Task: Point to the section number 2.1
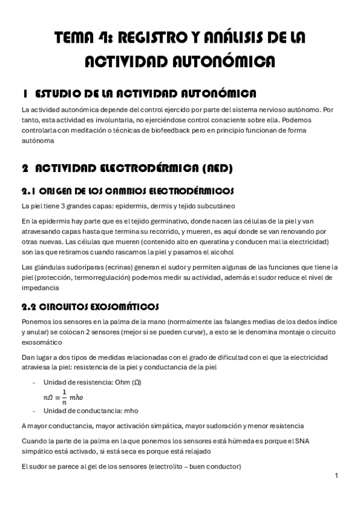pos(32,192)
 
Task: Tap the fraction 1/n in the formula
pos(65,397)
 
